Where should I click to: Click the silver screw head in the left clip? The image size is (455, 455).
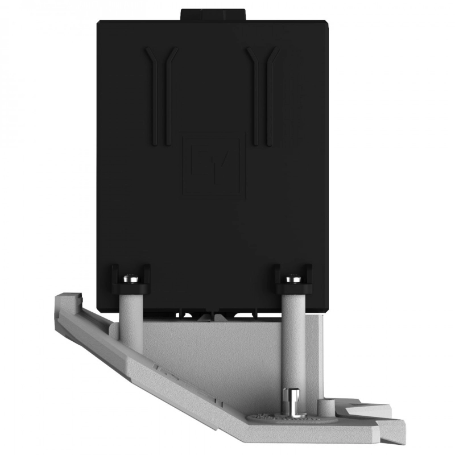(x=131, y=279)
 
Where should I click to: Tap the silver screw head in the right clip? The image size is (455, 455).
(x=292, y=278)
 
